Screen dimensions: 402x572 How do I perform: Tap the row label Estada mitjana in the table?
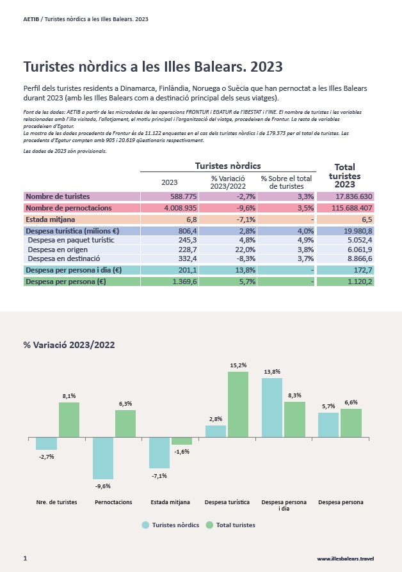[x=51, y=219]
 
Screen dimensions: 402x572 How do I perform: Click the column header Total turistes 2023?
[x=344, y=175]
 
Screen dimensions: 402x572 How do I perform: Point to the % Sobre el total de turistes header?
[x=286, y=182]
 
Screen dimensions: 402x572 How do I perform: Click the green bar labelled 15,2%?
[x=238, y=404]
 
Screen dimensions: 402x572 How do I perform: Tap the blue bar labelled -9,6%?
[x=103, y=458]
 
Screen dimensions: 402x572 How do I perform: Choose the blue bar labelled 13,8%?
[x=272, y=408]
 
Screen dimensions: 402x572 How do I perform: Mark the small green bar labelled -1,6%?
[x=181, y=441]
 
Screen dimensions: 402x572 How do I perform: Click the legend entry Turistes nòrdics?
[x=170, y=525]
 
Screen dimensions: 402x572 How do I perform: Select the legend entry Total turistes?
[x=230, y=525]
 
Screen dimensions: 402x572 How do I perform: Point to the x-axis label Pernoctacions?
[x=113, y=502]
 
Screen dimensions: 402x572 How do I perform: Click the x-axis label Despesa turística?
[x=227, y=502]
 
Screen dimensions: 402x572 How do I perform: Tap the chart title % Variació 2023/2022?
[x=69, y=345]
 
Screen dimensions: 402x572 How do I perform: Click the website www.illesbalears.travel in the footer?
[x=346, y=559]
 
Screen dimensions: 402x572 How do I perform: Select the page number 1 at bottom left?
[x=25, y=558]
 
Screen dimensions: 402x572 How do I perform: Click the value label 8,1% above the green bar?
[x=69, y=396]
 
